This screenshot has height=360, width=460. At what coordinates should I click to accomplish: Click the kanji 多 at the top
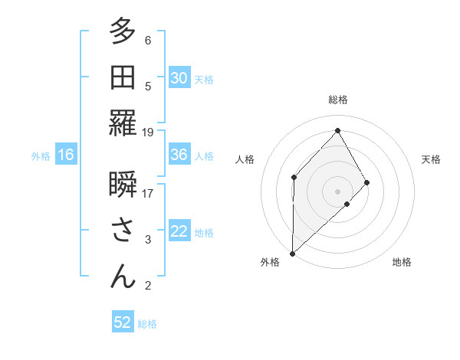[123, 33]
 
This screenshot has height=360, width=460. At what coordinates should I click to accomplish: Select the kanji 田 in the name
[123, 78]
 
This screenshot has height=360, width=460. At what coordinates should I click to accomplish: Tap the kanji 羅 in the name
[123, 124]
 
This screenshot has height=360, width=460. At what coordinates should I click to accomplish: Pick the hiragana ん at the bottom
[123, 277]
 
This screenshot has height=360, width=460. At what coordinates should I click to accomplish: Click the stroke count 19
[148, 132]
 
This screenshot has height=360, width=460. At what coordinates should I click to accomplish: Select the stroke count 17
[148, 193]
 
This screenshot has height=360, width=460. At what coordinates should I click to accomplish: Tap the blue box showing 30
[179, 78]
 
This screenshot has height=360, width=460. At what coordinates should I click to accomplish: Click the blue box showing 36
[179, 155]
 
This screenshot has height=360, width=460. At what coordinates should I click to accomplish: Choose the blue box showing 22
[179, 231]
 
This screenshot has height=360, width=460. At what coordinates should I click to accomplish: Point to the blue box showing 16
[65, 155]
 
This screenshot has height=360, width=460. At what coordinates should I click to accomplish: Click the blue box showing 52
[123, 322]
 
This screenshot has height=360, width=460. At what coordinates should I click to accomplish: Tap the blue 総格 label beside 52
[147, 324]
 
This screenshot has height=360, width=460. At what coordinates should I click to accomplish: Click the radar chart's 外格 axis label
[270, 262]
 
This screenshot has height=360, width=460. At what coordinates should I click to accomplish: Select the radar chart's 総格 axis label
[337, 100]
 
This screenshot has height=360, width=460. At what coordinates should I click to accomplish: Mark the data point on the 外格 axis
[292, 253]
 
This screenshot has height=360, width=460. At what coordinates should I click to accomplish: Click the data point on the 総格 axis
[337, 130]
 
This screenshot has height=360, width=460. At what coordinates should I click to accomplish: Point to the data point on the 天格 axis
[367, 182]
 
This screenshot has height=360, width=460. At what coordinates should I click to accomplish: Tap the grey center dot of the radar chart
[337, 191]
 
